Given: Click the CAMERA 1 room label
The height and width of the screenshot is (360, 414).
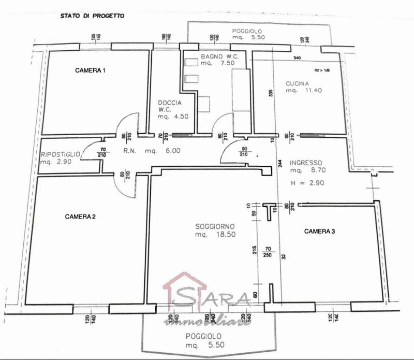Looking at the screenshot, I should tap(91, 70).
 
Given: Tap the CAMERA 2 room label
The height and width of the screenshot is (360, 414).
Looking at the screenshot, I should tap(80, 217).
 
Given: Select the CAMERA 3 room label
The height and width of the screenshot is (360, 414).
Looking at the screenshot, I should tap(319, 231).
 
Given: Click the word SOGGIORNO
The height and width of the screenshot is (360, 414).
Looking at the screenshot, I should tap(215, 226).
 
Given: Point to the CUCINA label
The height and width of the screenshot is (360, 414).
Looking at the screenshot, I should tap(298, 83).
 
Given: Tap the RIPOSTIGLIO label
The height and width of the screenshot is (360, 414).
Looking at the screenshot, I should tap(61, 154).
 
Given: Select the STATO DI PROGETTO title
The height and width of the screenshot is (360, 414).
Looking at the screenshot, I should tap(92, 16).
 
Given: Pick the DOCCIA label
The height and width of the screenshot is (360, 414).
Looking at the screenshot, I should tap(170, 103).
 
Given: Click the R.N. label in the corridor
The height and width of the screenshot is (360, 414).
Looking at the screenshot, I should tap(129, 151).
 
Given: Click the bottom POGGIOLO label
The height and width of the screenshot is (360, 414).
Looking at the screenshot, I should tap(204, 337).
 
